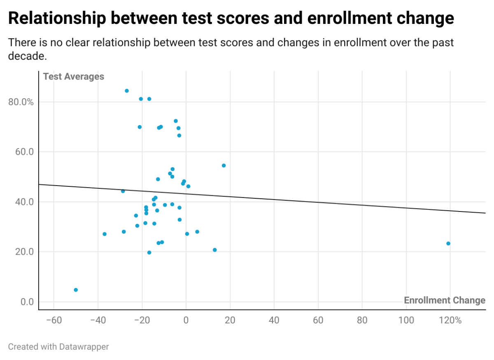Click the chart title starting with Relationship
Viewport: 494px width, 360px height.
point(231,18)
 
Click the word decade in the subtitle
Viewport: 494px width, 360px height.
point(27,56)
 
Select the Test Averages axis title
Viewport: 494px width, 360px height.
point(73,77)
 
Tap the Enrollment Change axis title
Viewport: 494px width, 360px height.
point(444,300)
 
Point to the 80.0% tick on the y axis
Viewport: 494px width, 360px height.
point(21,102)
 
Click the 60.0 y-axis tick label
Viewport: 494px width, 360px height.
point(24,152)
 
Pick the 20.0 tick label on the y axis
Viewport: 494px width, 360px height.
point(24,252)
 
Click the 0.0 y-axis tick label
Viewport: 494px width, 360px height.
point(27,302)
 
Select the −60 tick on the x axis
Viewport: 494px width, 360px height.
point(54,320)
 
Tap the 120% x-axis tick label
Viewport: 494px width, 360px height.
point(450,320)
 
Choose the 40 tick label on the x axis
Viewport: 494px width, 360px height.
point(274,320)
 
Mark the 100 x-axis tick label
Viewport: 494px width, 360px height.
point(406,320)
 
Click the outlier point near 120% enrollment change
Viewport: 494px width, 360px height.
point(448,244)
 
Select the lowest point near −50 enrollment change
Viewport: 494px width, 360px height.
point(76,290)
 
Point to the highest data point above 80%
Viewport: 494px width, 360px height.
point(127,91)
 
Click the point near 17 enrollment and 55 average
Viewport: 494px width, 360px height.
point(224,165)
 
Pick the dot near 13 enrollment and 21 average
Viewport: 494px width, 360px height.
point(214,250)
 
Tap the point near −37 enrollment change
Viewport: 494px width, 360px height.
point(105,234)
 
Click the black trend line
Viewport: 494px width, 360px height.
point(262,199)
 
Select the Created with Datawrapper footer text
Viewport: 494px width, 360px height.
point(58,347)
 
